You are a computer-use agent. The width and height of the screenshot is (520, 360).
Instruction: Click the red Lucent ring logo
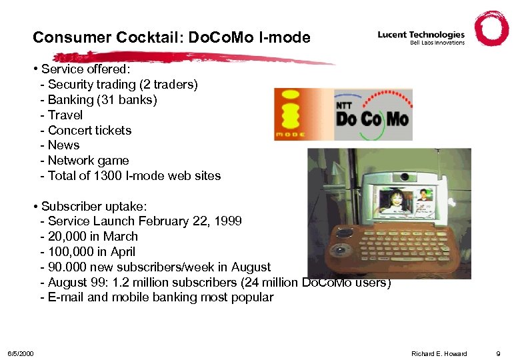pyautogui.click(x=491, y=29)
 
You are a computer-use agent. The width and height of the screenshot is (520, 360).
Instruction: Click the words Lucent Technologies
pyautogui.click(x=421, y=35)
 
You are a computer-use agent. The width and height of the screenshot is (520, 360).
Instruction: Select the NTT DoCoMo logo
pyautogui.click(x=371, y=115)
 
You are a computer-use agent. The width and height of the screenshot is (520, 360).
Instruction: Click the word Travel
pyautogui.click(x=65, y=115)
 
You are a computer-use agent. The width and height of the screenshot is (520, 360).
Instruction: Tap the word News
pyautogui.click(x=63, y=145)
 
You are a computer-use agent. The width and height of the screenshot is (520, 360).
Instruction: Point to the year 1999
pyautogui.click(x=229, y=221)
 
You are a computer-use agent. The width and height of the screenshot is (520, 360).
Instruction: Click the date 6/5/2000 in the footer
pyautogui.click(x=21, y=353)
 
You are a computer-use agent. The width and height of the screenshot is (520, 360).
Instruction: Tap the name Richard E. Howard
pyautogui.click(x=439, y=353)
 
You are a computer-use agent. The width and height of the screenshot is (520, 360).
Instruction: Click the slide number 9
pyautogui.click(x=498, y=353)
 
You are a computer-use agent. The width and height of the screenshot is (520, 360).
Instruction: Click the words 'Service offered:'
pyautogui.click(x=85, y=69)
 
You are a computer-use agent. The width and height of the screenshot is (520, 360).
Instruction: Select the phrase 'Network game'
pyautogui.click(x=88, y=161)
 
